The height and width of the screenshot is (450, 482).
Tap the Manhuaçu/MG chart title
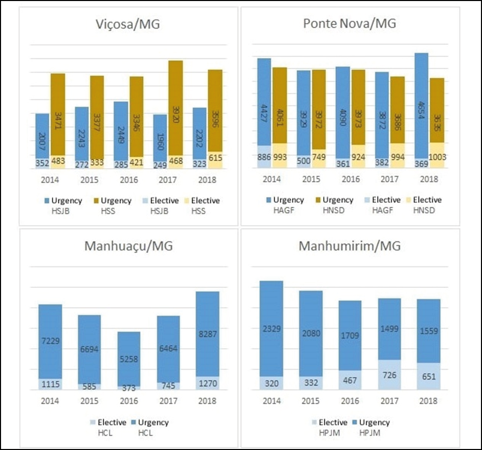(128, 246)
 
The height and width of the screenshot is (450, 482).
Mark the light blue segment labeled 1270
(208, 384)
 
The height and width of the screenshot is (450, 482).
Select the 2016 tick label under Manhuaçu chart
(129, 401)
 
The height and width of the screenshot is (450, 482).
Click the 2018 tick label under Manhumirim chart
(428, 401)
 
